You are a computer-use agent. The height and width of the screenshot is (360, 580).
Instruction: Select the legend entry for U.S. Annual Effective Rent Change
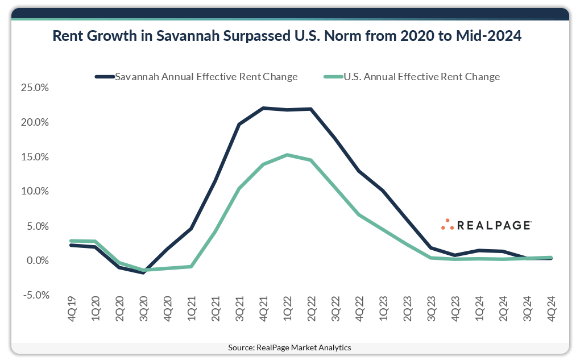click(421, 77)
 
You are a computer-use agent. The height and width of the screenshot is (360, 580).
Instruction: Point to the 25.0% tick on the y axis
click(35, 88)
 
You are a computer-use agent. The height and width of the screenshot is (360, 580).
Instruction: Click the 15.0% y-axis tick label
click(35, 157)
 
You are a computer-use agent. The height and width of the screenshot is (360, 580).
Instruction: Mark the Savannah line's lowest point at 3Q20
click(143, 272)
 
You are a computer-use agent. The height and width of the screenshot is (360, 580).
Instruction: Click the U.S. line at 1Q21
click(191, 266)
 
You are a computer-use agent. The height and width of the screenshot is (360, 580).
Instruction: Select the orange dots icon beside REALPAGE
click(448, 225)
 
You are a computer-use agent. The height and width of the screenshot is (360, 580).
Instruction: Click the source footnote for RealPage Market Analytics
click(289, 347)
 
